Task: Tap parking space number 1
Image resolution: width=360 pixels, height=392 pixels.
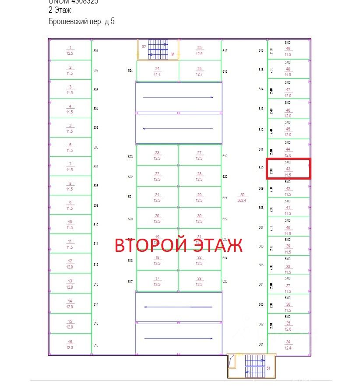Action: pyautogui.click(x=70, y=50)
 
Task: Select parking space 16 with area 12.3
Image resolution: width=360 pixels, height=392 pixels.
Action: pyautogui.click(x=70, y=345)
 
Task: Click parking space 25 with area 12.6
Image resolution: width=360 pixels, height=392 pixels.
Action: pyautogui.click(x=199, y=50)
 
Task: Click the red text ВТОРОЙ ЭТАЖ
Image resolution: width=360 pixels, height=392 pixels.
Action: pyautogui.click(x=178, y=245)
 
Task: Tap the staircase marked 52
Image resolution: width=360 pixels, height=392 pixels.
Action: pyautogui.click(x=158, y=49)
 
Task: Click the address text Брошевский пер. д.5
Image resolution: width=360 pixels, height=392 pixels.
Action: pyautogui.click(x=81, y=21)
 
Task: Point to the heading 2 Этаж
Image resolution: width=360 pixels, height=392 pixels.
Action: pyautogui.click(x=60, y=10)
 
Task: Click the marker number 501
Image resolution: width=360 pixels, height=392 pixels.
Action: pyautogui.click(x=96, y=51)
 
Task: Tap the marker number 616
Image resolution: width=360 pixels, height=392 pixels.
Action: pyautogui.click(x=261, y=51)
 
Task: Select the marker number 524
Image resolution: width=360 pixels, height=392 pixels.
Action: pyautogui.click(x=130, y=71)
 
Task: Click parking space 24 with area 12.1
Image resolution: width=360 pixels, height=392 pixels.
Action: pyautogui.click(x=157, y=71)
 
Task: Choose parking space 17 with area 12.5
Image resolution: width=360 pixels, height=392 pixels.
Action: pyautogui.click(x=157, y=281)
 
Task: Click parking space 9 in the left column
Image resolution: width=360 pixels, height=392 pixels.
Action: pyautogui.click(x=70, y=205)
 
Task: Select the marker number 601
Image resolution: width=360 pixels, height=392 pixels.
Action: pyautogui.click(x=261, y=344)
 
